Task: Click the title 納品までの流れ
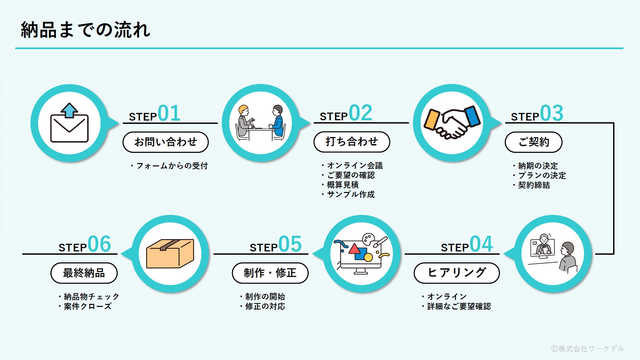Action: point(85,30)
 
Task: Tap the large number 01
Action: point(169,113)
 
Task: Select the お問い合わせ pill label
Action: point(165,142)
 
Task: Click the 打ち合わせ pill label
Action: point(352,142)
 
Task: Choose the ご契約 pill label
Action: point(533,142)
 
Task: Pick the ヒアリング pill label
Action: point(456,273)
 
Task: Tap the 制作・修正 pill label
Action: point(270,273)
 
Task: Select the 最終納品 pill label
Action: point(84,273)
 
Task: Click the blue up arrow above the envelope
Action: point(69,110)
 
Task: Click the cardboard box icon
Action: point(170,253)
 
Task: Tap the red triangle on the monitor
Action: point(355,248)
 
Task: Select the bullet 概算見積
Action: point(343,185)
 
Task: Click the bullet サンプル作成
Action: point(351,194)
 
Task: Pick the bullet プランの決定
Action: point(542,175)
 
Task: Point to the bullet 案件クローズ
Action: point(88,306)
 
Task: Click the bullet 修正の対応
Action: point(265,306)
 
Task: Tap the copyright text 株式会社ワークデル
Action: point(588,348)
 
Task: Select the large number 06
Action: point(99,244)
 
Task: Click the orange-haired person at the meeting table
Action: point(244,121)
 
